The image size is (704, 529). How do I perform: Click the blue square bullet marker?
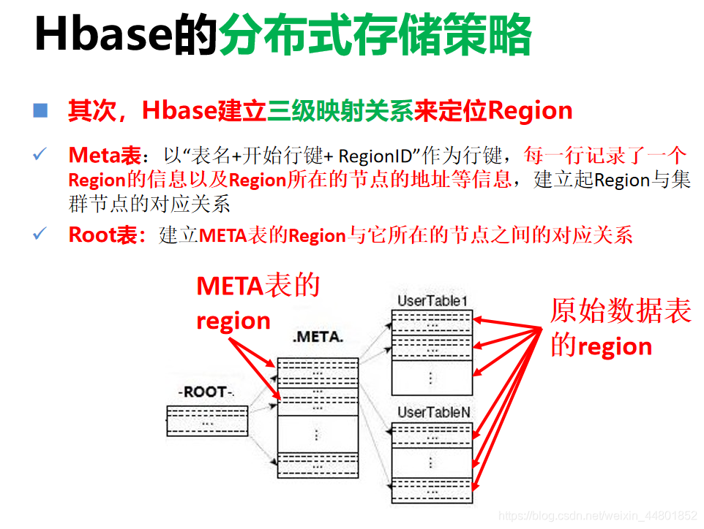click(x=40, y=110)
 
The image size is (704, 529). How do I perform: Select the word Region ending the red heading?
click(x=530, y=111)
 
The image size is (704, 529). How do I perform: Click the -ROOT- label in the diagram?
click(x=206, y=392)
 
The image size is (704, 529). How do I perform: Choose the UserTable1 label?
click(x=432, y=300)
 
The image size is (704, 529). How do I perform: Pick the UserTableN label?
click(x=433, y=412)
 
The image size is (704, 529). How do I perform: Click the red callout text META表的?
click(x=258, y=286)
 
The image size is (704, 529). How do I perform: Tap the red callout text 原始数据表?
click(x=621, y=312)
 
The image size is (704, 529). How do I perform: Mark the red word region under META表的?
click(x=233, y=321)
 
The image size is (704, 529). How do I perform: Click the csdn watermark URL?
click(x=597, y=515)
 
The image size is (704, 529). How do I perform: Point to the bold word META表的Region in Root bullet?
click(x=272, y=235)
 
